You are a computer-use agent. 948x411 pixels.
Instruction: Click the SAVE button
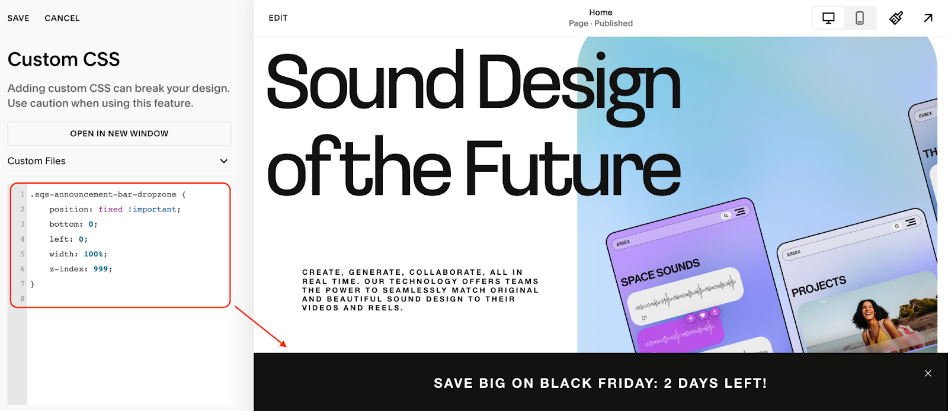pyautogui.click(x=18, y=18)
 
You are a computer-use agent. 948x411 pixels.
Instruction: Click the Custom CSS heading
pyautogui.click(x=63, y=59)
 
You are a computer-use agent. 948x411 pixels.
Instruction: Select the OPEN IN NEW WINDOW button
pyautogui.click(x=119, y=134)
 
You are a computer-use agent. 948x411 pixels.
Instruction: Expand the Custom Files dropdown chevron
pyautogui.click(x=224, y=161)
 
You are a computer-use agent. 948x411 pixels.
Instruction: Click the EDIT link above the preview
pyautogui.click(x=278, y=18)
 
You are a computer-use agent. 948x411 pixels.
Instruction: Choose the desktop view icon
pyautogui.click(x=828, y=18)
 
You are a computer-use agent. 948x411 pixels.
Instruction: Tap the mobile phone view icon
pyautogui.click(x=859, y=18)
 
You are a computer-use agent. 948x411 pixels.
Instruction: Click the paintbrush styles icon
pyautogui.click(x=896, y=18)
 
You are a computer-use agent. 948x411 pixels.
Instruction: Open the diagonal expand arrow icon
pyautogui.click(x=928, y=18)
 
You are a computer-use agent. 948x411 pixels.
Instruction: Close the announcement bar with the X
pyautogui.click(x=928, y=373)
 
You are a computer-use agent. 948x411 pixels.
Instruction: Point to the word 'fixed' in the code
pyautogui.click(x=110, y=209)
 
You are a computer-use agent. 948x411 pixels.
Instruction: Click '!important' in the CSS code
pyautogui.click(x=153, y=209)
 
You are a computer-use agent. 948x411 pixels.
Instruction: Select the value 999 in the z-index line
pyautogui.click(x=101, y=269)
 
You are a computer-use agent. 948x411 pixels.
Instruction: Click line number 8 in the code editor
pyautogui.click(x=23, y=298)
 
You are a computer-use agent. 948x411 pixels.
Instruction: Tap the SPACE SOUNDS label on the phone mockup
pyautogui.click(x=660, y=272)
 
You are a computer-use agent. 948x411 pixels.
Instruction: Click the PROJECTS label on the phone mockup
pyautogui.click(x=819, y=285)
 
